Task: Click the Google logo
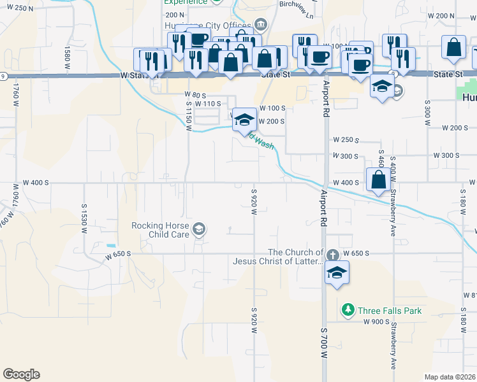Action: point(21,374)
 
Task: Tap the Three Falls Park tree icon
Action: point(348,311)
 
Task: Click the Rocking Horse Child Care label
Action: point(160,230)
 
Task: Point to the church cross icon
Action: point(332,255)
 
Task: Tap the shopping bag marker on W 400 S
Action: point(379,180)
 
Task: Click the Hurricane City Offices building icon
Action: point(260,25)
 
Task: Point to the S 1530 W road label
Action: point(84,218)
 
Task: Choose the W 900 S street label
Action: point(376,322)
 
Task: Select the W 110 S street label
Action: point(208,103)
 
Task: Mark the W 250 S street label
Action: point(346,139)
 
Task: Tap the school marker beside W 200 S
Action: point(244,119)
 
